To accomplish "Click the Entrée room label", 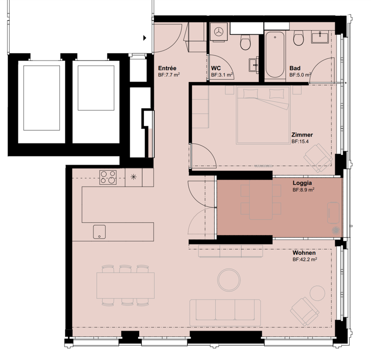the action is tap(167, 68).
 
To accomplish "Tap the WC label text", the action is tap(216, 68).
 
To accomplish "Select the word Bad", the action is tap(295, 68).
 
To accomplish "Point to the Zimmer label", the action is tap(302, 135).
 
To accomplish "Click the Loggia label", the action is tap(302, 183).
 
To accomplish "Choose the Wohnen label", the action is tap(304, 253).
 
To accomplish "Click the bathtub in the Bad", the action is tap(275, 55).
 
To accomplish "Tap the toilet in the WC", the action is tap(245, 42).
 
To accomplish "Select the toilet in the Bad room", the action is tap(298, 38).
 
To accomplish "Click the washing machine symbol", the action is tap(218, 32).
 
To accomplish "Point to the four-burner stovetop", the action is tap(108, 177).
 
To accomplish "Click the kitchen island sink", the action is tap(99, 231).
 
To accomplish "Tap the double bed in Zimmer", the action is tap(263, 115).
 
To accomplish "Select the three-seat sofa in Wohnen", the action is tap(225, 312).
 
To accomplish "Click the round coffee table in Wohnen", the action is tap(229, 280).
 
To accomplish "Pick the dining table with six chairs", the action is tap(125, 285).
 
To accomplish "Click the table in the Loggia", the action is tap(261, 200).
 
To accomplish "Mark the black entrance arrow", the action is tap(145, 38).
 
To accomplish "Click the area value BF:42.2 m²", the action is tap(305, 259).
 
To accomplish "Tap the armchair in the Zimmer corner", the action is tap(318, 157).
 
